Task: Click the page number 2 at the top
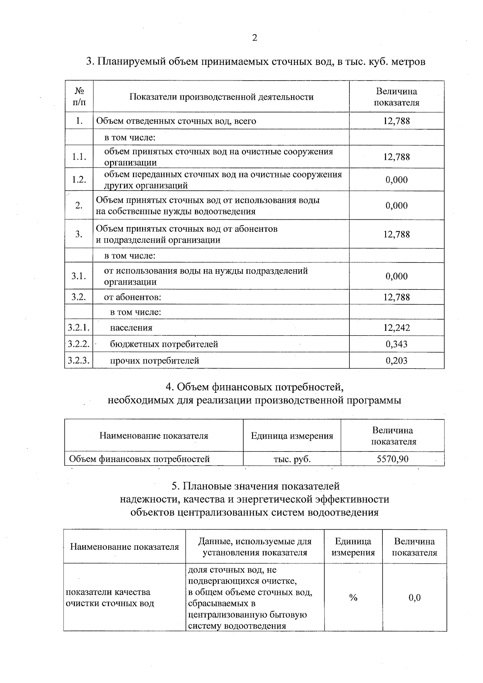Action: coord(254,38)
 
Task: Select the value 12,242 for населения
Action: coord(396,328)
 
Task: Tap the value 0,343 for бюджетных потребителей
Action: coord(396,344)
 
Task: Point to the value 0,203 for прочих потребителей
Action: coord(396,361)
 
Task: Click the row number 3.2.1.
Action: coord(78,328)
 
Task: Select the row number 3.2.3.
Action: coord(78,361)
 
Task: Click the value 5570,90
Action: coord(392,459)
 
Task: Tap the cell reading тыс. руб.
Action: coord(292,459)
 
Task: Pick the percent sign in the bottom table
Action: coord(353,598)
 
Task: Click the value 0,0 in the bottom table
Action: coord(415,598)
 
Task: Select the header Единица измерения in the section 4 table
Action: coord(292,436)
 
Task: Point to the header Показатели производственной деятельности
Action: coord(221,97)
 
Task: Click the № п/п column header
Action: coord(79,97)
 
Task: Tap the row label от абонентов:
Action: coord(133,297)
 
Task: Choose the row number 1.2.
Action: coord(79,180)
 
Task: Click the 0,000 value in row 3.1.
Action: coord(396,276)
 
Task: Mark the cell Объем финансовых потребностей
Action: coord(140,459)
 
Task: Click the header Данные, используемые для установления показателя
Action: coord(255,547)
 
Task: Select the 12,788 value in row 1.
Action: coord(396,121)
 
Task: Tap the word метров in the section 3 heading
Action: coord(408,62)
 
